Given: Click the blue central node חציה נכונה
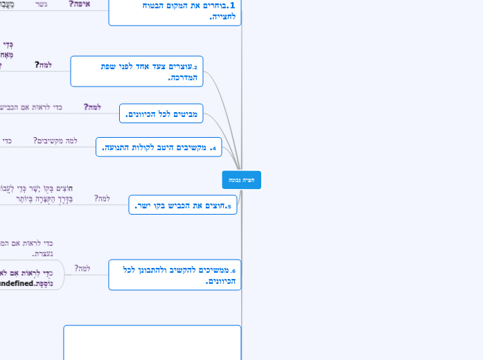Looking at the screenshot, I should coord(241,180).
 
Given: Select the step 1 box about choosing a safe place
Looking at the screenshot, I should coord(175,11).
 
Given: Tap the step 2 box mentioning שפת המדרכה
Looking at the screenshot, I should coord(137,71).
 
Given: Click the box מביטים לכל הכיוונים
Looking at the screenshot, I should coord(161,114).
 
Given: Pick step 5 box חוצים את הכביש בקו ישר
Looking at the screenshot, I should coord(182,205).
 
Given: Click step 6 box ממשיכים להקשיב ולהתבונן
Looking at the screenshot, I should coord(175,275).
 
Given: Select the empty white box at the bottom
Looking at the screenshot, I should coord(152,342).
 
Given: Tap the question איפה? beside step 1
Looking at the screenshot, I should coord(80,4).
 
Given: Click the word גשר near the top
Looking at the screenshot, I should coord(42,4).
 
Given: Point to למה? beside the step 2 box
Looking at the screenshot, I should coord(43,65).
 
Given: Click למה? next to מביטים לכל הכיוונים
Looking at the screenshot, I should coord(92,107).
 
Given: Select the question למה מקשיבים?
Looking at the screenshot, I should coord(55,141).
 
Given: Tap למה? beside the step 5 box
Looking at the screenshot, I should coord(102,198).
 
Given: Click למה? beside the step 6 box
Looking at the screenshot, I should coord(82,268).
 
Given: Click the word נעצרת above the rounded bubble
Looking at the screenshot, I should coord(42,254).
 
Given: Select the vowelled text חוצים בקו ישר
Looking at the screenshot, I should coord(35,188).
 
